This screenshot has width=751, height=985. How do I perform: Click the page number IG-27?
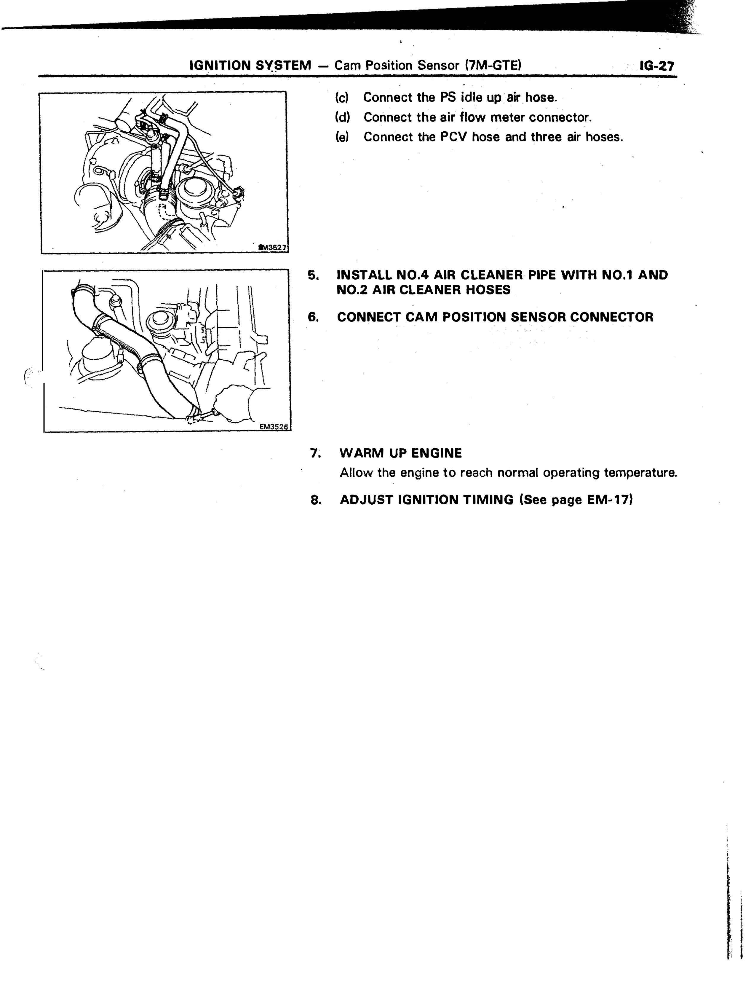tap(657, 66)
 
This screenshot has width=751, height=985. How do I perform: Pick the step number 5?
tap(313, 275)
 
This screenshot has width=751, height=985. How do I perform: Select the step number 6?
tap(313, 317)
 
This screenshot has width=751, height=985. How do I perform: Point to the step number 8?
tap(316, 500)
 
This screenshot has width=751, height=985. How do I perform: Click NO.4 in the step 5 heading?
tap(414, 275)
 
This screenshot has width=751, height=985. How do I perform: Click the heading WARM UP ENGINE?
tap(400, 453)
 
